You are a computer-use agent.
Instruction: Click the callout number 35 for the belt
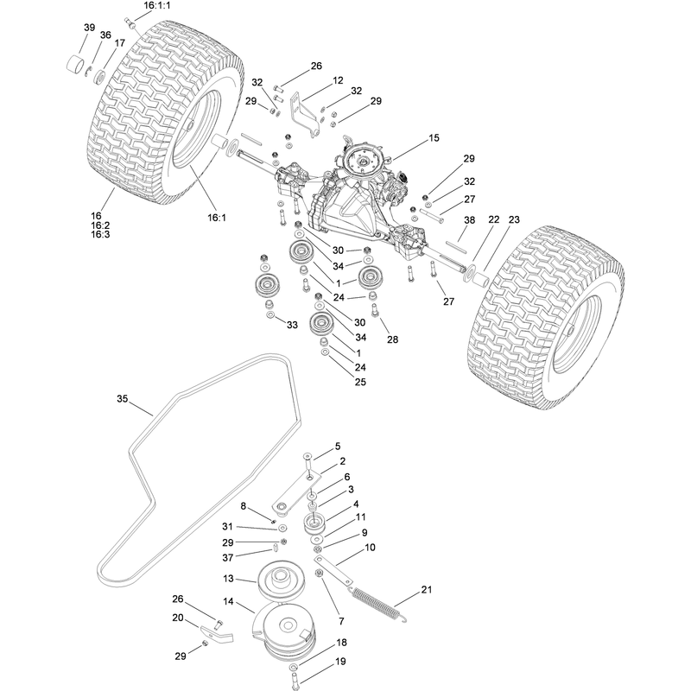[122, 399]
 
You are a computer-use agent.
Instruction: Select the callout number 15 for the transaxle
[434, 138]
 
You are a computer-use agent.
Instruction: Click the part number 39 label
[90, 28]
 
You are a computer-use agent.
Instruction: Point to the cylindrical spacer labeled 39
[76, 64]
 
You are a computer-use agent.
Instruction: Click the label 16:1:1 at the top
[157, 6]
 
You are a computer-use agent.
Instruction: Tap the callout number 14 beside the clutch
[228, 601]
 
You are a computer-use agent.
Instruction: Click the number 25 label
[360, 382]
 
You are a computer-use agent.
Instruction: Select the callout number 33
[292, 325]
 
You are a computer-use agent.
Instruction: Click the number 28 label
[393, 339]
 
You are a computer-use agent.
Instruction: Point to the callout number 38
[470, 220]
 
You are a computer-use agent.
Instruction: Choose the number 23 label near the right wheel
[514, 219]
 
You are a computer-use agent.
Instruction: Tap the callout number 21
[427, 589]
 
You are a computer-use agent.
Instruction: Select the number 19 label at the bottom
[340, 661]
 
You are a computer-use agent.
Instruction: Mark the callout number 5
[338, 447]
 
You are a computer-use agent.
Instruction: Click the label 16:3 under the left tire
[100, 234]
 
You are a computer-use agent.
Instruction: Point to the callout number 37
[228, 558]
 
